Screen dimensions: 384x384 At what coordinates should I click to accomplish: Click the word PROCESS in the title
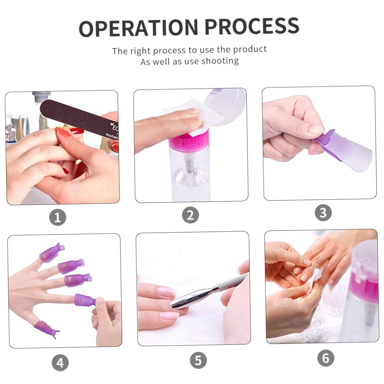(252, 26)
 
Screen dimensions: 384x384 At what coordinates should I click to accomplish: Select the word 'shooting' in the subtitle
(220, 61)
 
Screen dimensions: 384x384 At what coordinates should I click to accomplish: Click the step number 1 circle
(58, 217)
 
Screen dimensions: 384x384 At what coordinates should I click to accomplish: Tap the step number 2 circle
(190, 215)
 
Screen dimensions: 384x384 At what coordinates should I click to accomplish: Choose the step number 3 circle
(323, 213)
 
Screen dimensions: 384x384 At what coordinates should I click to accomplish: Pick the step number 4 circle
(60, 363)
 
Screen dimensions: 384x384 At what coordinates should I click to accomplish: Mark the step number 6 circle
(326, 358)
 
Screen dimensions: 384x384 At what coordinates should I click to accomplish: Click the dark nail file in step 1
(79, 116)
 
